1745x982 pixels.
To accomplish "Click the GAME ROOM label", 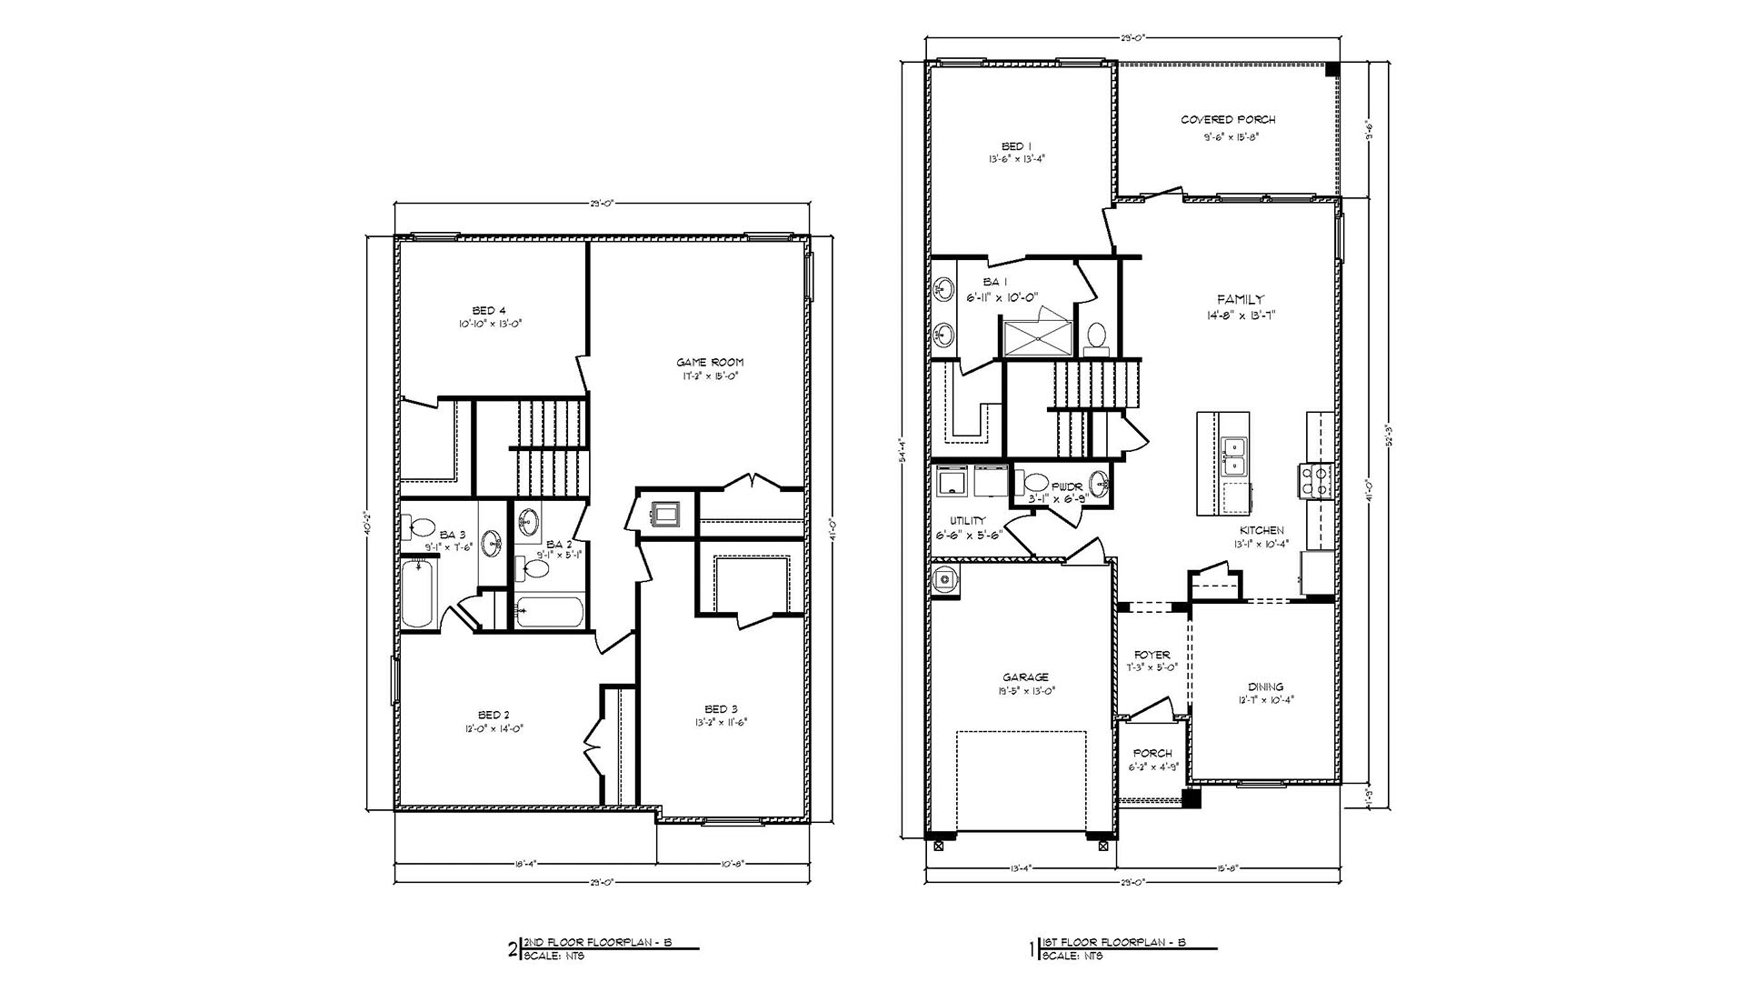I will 710,362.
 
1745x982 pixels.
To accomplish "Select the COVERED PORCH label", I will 1228,119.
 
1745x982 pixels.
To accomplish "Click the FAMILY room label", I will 1241,299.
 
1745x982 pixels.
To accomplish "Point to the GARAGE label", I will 1025,676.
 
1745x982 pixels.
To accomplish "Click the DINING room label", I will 1265,686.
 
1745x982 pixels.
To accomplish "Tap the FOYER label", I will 1152,655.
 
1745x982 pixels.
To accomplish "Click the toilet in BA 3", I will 421,527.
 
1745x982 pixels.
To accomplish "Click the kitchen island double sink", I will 1233,456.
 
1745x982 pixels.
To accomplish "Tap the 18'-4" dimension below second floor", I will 524,864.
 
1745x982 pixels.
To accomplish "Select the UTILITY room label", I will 962,521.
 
